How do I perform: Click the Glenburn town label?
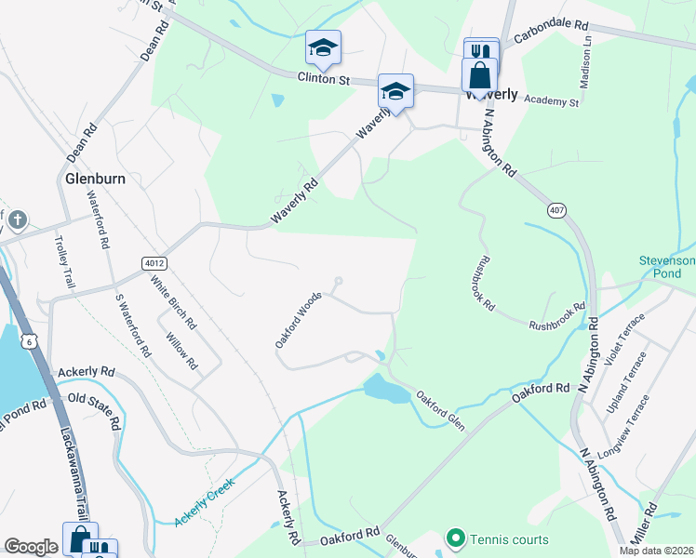tap(87, 178)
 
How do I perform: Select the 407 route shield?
tap(556, 210)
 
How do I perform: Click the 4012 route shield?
tap(154, 264)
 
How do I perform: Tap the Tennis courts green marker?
tap(455, 538)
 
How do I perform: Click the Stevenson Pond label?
tap(666, 267)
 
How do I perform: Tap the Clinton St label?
tap(323, 80)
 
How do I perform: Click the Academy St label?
tap(551, 100)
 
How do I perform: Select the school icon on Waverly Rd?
tap(395, 91)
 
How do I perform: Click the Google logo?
tap(31, 547)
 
